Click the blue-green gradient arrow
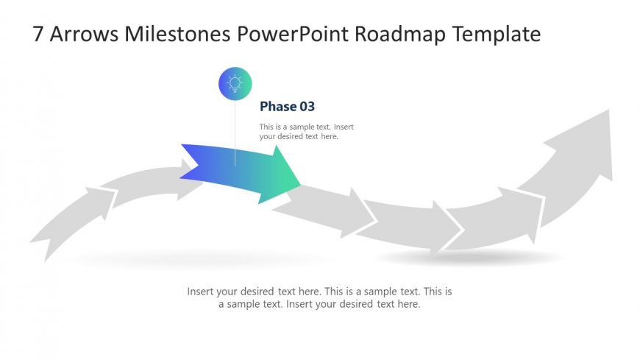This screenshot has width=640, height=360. click(241, 172)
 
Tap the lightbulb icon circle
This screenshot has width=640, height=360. click(235, 83)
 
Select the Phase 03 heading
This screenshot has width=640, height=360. click(288, 107)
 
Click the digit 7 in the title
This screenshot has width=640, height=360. click(38, 34)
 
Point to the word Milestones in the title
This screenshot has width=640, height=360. click(177, 34)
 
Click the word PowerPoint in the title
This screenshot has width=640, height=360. click(293, 34)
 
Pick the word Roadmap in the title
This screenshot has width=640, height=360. click(400, 35)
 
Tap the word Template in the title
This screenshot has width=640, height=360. click(497, 35)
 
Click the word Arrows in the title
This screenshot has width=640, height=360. click(84, 34)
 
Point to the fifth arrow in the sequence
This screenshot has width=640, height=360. click(408, 225)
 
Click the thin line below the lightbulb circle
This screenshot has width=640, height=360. click(235, 133)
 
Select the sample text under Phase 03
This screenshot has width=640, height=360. click(307, 132)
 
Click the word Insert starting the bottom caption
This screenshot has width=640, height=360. click(200, 292)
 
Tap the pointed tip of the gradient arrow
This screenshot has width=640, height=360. click(301, 186)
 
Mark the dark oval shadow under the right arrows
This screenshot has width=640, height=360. click(469, 258)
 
